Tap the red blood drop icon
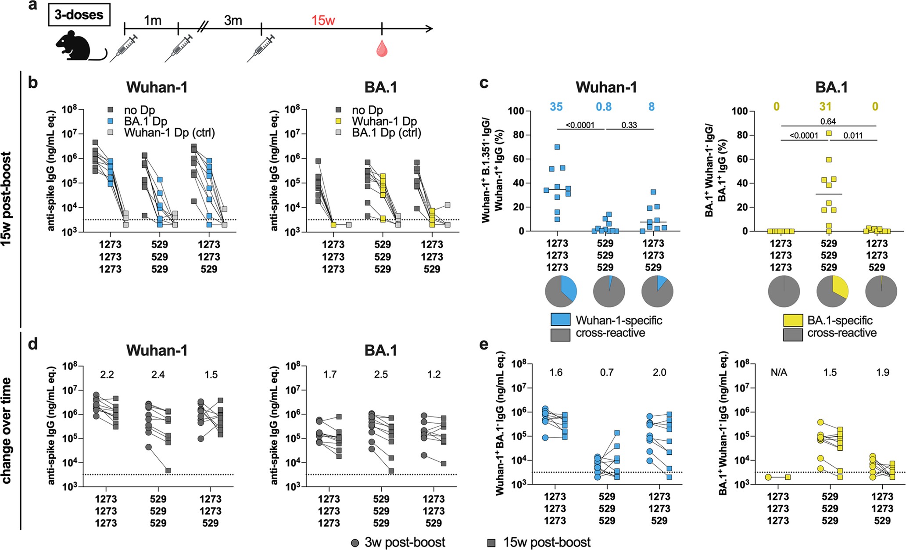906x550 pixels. [x=382, y=49]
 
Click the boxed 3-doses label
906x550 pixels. [x=79, y=15]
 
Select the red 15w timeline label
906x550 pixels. [x=323, y=20]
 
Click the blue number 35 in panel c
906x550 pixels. [x=556, y=107]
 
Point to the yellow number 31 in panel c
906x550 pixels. [x=825, y=107]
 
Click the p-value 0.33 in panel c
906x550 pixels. [x=629, y=125]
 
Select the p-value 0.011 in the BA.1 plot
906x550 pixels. [x=852, y=136]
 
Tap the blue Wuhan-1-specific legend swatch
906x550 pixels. [x=560, y=320]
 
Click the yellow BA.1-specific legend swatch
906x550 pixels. [x=793, y=320]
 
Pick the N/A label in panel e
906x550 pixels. [x=779, y=373]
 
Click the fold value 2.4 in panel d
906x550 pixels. [x=158, y=375]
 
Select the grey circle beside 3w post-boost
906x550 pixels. [x=355, y=543]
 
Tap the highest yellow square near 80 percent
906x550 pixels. [x=829, y=133]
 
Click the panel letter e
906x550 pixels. [x=483, y=345]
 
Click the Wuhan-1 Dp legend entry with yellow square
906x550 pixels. [x=376, y=122]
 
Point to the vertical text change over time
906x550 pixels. [x=7, y=430]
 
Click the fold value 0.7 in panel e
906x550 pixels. [x=607, y=373]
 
